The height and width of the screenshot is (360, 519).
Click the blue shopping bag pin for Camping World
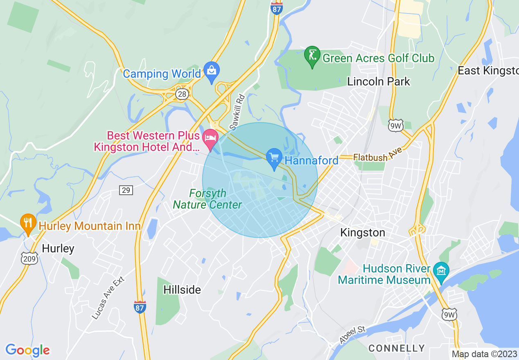tap(212, 71)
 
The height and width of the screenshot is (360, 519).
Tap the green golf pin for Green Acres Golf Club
tap(312, 55)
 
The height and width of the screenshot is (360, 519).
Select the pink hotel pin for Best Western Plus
tap(211, 138)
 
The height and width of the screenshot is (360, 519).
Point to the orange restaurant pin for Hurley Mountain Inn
tap(28, 223)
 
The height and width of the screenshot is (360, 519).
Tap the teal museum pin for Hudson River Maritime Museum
tap(441, 271)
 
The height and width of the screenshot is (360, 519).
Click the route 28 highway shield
tap(182, 94)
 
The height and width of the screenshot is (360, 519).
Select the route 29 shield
tap(126, 190)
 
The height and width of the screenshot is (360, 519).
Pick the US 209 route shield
tap(29, 258)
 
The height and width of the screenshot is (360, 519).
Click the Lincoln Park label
tap(378, 81)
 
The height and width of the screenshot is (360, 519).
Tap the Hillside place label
tap(182, 290)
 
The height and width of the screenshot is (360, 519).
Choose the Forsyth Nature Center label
tap(207, 199)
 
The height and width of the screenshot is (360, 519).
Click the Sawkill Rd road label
tap(237, 112)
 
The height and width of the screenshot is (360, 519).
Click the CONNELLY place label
tap(397, 348)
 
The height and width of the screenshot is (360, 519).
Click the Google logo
tap(27, 350)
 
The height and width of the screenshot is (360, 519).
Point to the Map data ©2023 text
tap(483, 354)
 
